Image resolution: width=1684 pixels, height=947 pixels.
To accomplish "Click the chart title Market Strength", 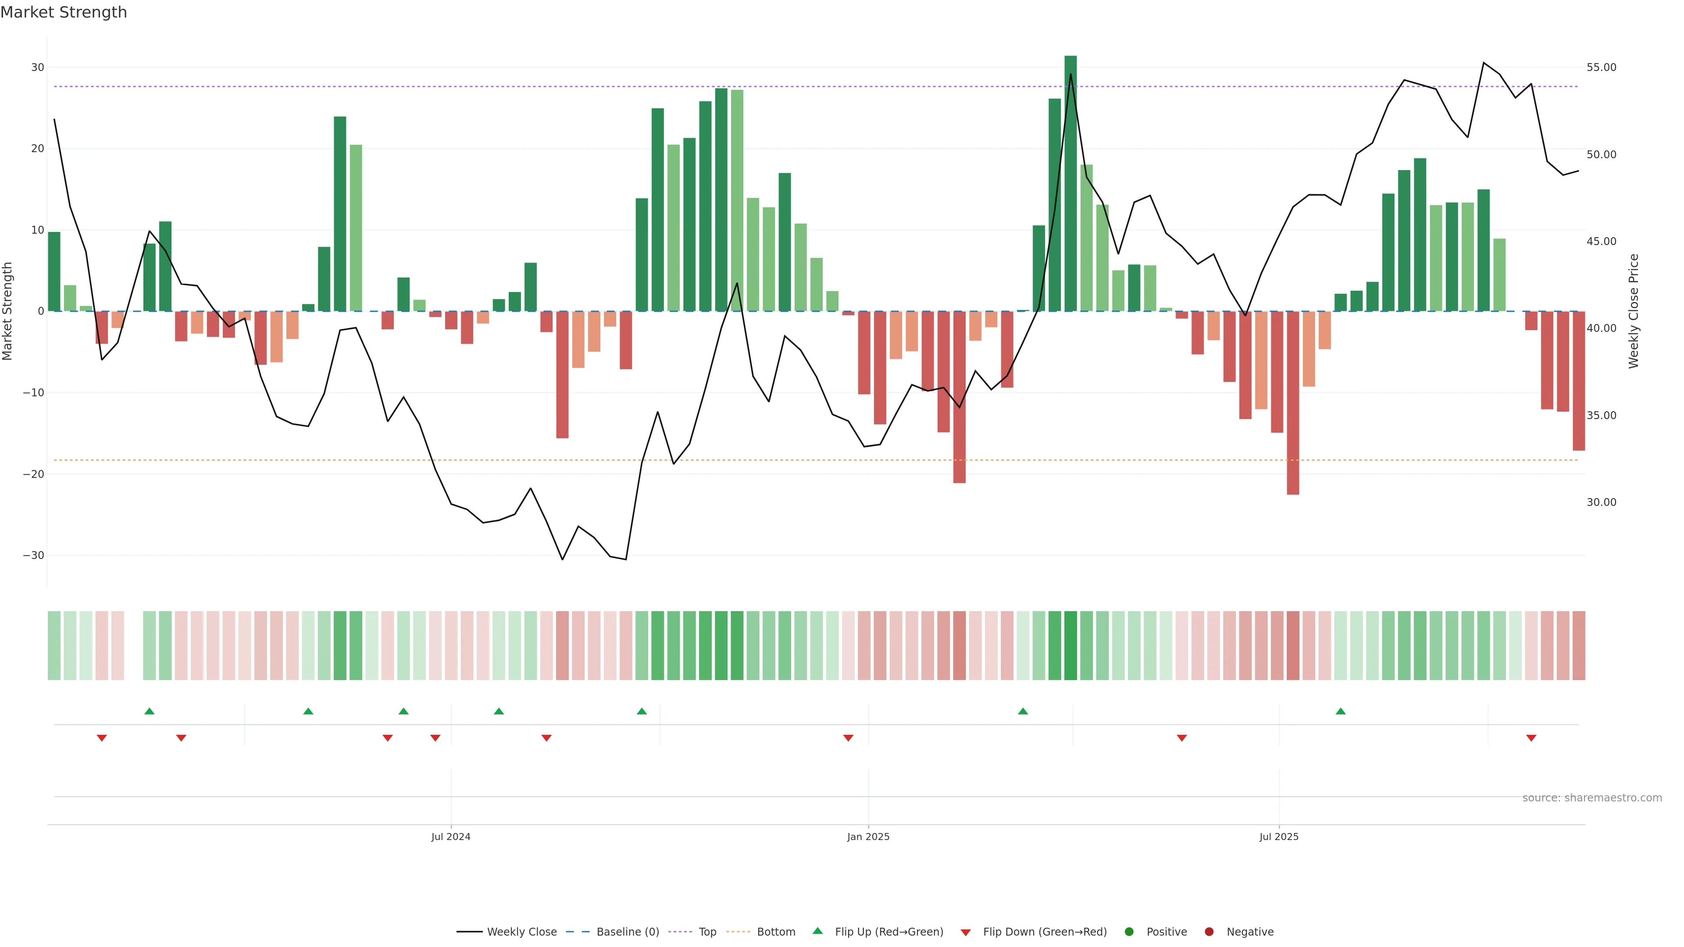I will point(64,12).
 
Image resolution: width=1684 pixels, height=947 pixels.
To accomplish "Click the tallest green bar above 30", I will point(1070,183).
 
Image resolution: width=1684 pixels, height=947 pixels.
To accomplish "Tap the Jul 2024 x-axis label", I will point(450,837).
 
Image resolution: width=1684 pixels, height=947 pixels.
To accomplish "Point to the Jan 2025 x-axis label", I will point(868,837).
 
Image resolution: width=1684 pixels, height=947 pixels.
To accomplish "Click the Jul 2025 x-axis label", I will point(1279,837).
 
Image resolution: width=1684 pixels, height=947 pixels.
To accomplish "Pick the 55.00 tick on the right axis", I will point(1601,68).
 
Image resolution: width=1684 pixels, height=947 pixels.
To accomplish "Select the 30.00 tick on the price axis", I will point(1601,502).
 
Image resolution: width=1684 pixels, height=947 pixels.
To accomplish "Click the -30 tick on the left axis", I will point(33,555).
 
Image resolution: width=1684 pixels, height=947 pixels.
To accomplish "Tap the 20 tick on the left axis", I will point(37,148).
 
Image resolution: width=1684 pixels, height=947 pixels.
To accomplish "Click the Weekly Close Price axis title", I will point(1634,311).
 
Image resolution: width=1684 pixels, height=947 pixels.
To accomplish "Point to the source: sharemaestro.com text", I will point(1592,797).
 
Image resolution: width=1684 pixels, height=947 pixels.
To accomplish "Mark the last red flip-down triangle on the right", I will point(1531,738).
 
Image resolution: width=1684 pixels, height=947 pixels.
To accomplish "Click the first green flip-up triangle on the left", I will point(149,711).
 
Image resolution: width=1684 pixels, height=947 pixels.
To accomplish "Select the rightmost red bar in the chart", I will point(1579,381).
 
